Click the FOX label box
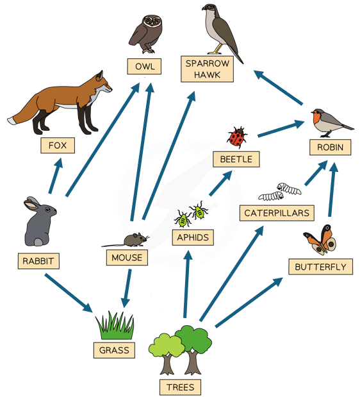[58, 146]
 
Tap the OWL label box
[144, 67]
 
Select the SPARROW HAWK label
[207, 69]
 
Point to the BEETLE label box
[236, 159]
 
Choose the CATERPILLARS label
[277, 213]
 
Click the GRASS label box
[114, 350]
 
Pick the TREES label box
[180, 387]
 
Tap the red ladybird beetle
[237, 137]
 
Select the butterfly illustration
[320, 240]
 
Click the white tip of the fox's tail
[12, 121]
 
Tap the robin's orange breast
[317, 119]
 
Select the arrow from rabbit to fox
[56, 176]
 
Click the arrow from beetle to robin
[281, 129]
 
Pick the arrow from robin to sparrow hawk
[278, 87]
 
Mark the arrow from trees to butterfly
[249, 302]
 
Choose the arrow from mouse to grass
[126, 288]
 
